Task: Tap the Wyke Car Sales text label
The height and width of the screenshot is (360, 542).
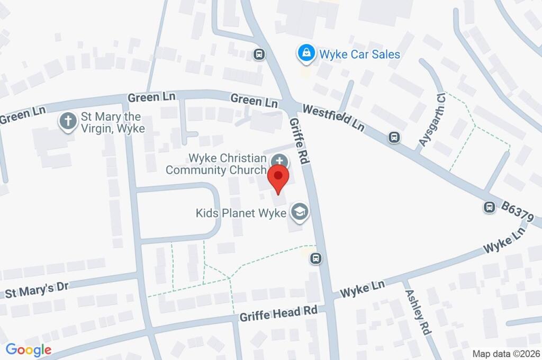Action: (359, 54)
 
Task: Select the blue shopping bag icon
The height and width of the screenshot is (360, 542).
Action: (305, 53)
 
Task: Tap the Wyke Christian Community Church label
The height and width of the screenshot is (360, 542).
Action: (216, 164)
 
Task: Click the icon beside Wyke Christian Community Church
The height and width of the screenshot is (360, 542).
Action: (279, 161)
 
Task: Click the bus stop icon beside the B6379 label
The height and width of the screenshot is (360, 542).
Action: (490, 207)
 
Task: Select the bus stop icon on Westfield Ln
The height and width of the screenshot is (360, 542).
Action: (394, 137)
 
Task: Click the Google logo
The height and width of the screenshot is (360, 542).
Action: (29, 349)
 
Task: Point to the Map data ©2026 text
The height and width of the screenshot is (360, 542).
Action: (505, 354)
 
